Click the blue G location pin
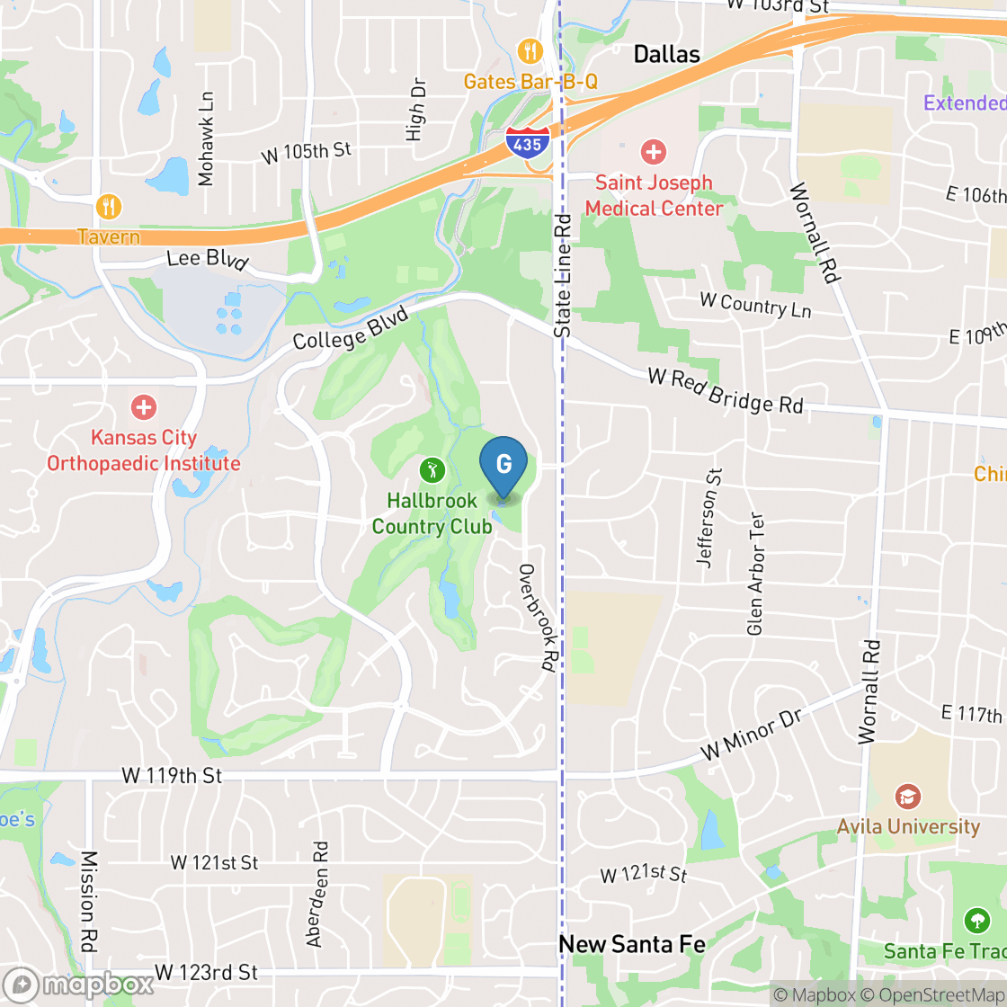click(x=503, y=465)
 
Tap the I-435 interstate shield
click(x=526, y=144)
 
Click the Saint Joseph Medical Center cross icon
click(x=654, y=151)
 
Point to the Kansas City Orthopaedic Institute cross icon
click(x=143, y=408)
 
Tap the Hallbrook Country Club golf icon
click(x=432, y=468)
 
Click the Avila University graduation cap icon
click(x=907, y=797)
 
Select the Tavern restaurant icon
click(x=109, y=207)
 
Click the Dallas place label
click(x=666, y=55)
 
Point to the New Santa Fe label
click(x=632, y=944)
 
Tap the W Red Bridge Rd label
click(x=725, y=391)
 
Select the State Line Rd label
click(x=563, y=275)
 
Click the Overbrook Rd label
click(x=538, y=618)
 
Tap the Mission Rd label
click(x=89, y=902)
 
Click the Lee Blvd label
click(x=207, y=260)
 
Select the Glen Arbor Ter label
click(x=755, y=574)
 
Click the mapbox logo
click(x=78, y=985)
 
